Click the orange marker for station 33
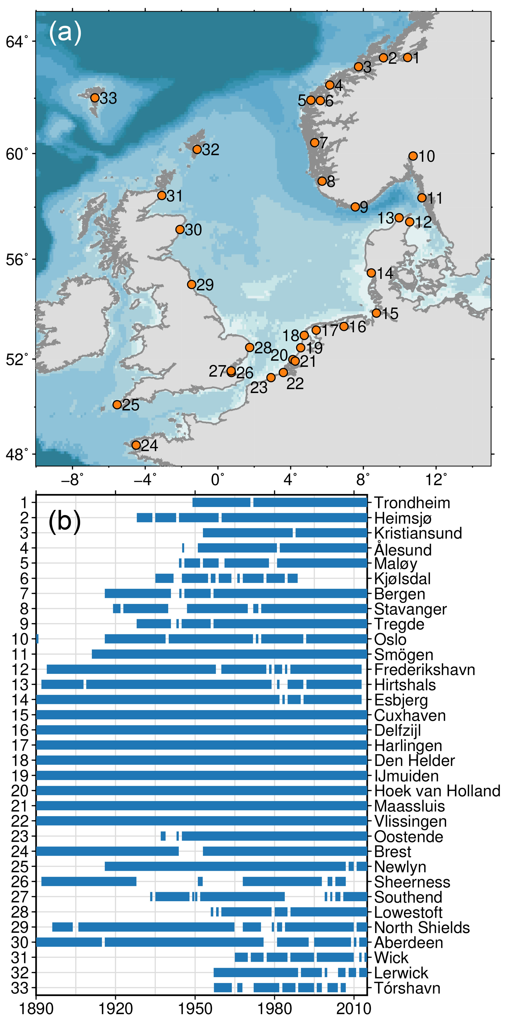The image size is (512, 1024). tap(95, 98)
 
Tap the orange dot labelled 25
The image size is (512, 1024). tap(117, 405)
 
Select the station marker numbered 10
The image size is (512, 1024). tap(413, 156)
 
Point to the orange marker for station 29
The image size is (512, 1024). tap(191, 285)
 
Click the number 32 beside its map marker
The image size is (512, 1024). tap(211, 150)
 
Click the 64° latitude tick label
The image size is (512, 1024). tap(17, 41)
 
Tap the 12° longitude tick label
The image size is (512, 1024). tap(436, 480)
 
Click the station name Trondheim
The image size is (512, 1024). tap(412, 503)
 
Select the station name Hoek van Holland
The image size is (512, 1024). tap(437, 791)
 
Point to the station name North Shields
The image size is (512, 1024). tap(422, 927)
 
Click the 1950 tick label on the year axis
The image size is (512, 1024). tap(195, 1009)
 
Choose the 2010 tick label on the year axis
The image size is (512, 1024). tap(353, 1009)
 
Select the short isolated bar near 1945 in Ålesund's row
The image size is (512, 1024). tap(183, 548)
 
